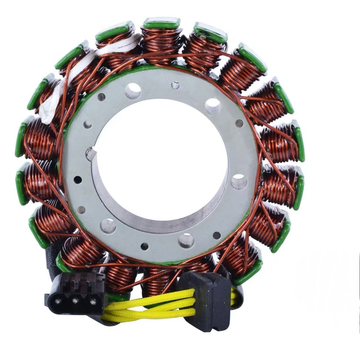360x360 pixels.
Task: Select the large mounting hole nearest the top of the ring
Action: pos(133,91)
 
